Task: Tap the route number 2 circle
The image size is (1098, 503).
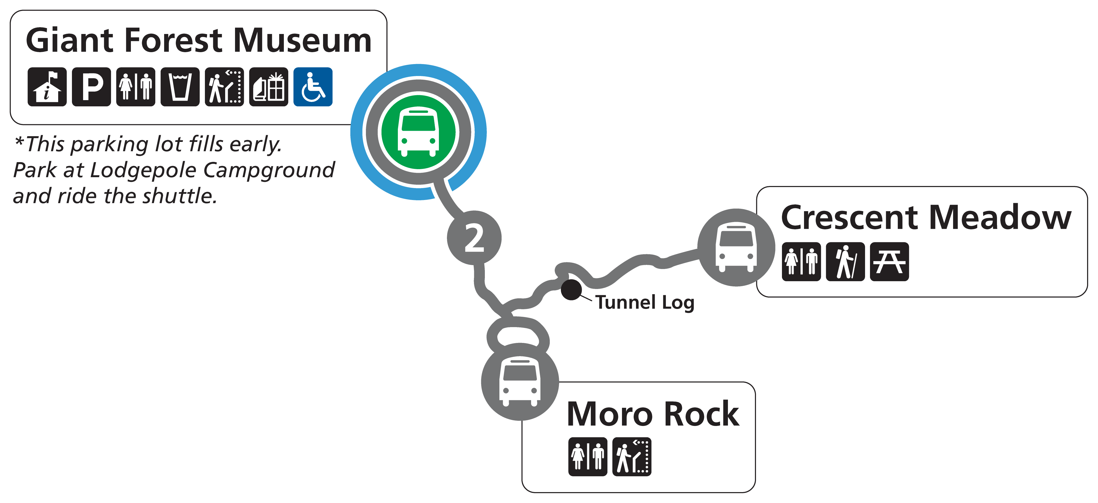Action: (x=474, y=238)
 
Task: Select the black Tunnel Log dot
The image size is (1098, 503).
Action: (x=571, y=290)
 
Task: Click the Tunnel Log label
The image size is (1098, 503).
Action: (x=645, y=302)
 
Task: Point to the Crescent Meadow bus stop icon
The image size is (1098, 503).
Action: (x=736, y=247)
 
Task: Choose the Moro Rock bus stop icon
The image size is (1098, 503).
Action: (x=520, y=382)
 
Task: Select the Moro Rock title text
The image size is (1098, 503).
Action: (x=653, y=414)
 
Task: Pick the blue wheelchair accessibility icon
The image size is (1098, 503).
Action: (x=313, y=87)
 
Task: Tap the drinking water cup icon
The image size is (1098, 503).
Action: (x=180, y=87)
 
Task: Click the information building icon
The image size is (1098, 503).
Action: (x=47, y=87)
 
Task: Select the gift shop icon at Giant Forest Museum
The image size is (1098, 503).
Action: (x=269, y=87)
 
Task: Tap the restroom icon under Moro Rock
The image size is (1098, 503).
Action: (x=587, y=457)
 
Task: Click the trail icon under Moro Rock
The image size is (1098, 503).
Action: (x=632, y=457)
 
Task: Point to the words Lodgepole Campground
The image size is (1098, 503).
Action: (x=212, y=170)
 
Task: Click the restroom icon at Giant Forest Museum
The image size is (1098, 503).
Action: (x=136, y=87)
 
